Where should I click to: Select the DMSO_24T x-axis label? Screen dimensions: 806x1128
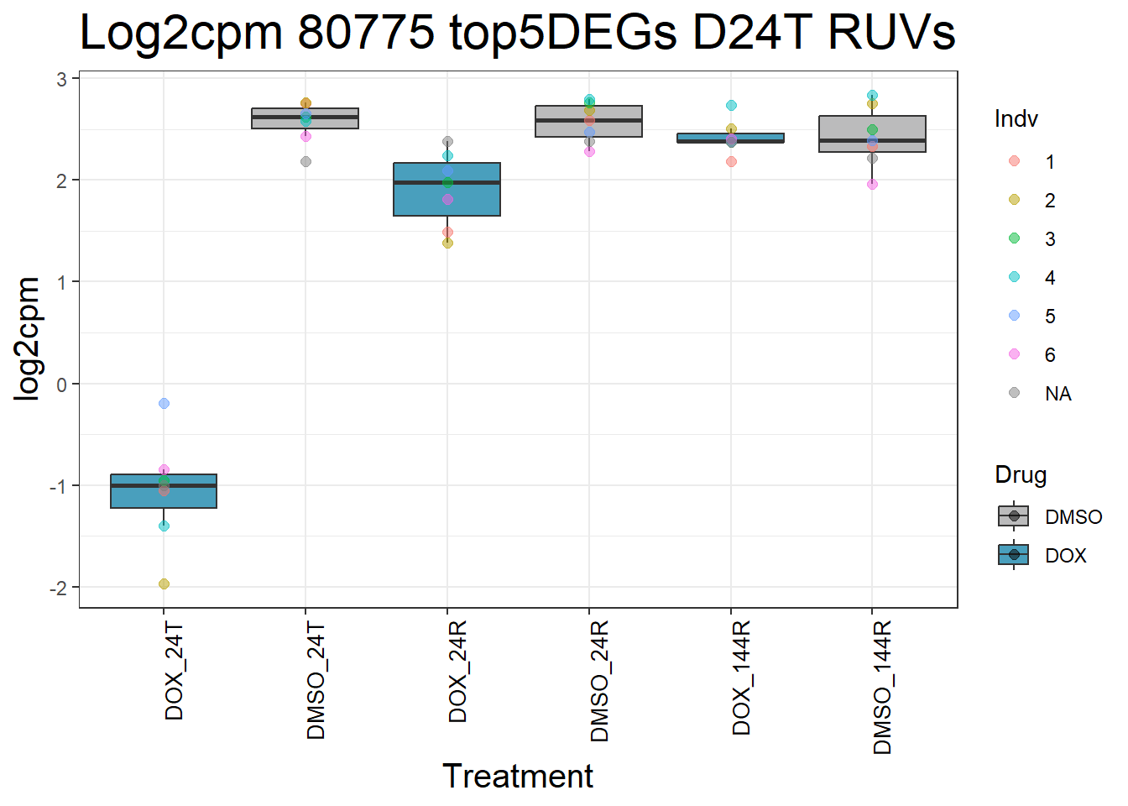[316, 681]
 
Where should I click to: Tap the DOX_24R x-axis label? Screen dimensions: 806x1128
[457, 673]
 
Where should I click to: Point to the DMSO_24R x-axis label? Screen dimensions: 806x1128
[599, 682]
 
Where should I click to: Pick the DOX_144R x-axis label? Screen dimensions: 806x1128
[741, 678]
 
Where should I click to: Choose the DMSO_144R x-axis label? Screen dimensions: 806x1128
[882, 688]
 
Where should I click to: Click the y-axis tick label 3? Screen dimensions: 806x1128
[62, 80]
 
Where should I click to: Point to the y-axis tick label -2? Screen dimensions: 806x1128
[59, 589]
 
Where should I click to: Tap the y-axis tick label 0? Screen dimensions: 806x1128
[62, 385]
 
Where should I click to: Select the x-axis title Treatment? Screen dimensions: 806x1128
[518, 776]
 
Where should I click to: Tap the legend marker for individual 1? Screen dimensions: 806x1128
[1014, 161]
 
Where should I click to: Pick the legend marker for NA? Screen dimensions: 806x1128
[1014, 393]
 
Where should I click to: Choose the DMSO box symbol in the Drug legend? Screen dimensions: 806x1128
[1014, 516]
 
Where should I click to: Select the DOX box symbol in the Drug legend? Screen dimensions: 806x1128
[1014, 555]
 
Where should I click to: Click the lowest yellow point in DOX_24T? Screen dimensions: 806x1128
[164, 584]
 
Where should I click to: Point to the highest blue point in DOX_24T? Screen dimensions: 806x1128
[164, 403]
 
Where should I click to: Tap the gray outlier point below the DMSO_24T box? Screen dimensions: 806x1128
[305, 161]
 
